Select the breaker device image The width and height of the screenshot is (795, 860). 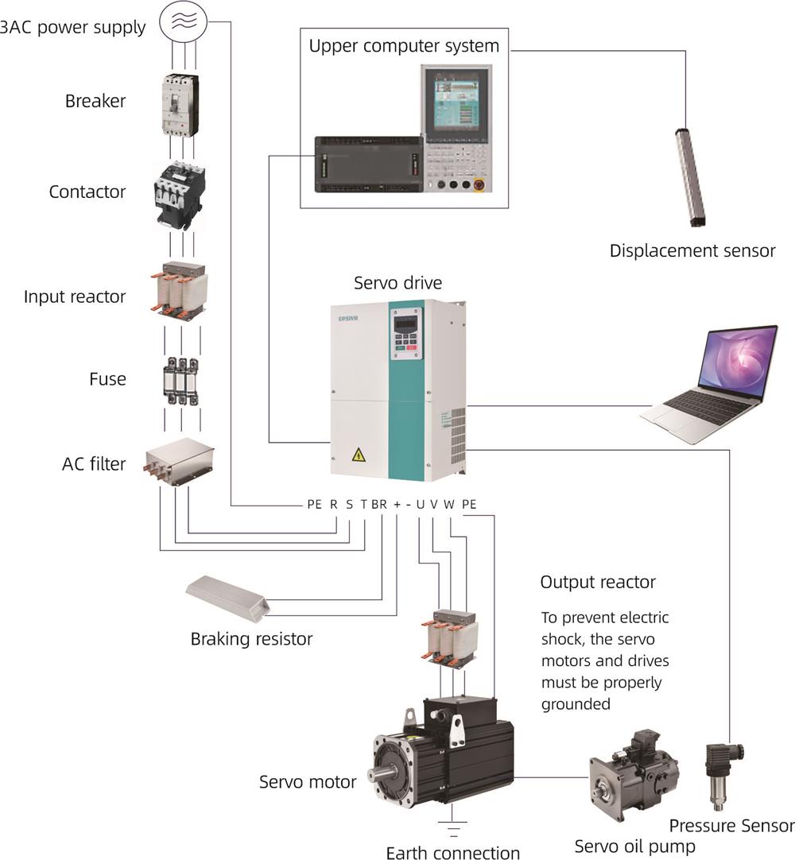(x=180, y=104)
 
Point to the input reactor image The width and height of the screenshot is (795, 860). (x=179, y=292)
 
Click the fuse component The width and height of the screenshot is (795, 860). (x=180, y=379)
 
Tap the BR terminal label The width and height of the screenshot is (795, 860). (x=379, y=504)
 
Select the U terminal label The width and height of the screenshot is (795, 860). (x=420, y=504)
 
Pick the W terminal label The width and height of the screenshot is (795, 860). (x=449, y=504)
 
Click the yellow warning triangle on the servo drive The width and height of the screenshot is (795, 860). (x=359, y=455)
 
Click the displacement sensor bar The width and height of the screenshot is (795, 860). (x=690, y=176)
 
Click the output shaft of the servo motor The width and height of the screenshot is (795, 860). (x=383, y=772)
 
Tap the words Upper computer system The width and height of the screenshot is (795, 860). (x=404, y=46)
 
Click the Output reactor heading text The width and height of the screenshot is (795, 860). (x=598, y=582)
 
